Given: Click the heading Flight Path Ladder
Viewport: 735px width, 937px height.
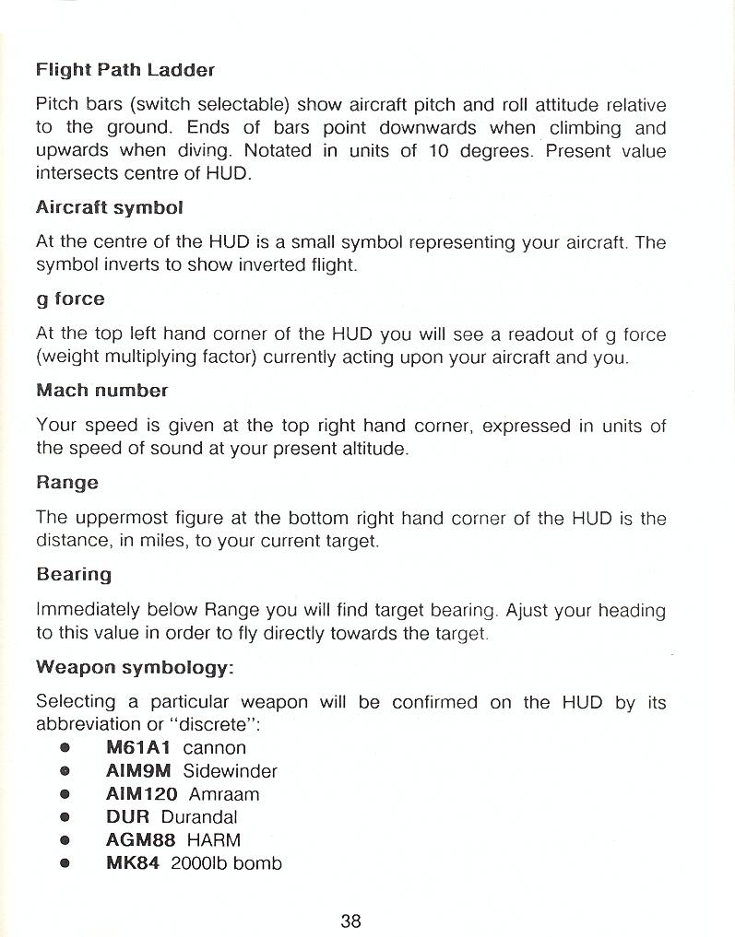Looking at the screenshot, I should click(124, 69).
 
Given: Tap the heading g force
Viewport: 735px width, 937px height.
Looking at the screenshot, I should click(70, 299).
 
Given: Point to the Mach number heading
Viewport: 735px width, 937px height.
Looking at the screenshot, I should click(101, 391).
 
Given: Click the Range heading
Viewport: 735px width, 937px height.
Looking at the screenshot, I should click(66, 483).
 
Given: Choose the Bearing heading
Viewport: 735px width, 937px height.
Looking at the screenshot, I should click(74, 575).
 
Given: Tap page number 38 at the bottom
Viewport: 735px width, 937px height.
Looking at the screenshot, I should click(350, 920).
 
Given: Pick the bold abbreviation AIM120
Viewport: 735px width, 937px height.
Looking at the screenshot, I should click(142, 794).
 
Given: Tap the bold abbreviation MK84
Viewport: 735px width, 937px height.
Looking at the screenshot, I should click(133, 863).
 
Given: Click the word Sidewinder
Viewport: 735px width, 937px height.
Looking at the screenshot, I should click(230, 771).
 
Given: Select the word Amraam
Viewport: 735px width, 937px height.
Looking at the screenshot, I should click(224, 794).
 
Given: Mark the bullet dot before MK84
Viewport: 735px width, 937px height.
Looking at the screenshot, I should click(65, 864).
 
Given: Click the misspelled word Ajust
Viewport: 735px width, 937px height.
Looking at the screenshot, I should click(528, 611).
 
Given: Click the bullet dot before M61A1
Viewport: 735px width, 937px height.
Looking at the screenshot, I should click(65, 749).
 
